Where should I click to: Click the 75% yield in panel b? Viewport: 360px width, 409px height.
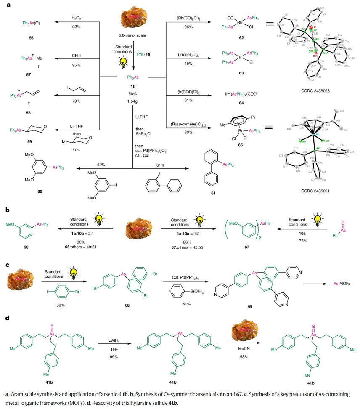tap(298, 242)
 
